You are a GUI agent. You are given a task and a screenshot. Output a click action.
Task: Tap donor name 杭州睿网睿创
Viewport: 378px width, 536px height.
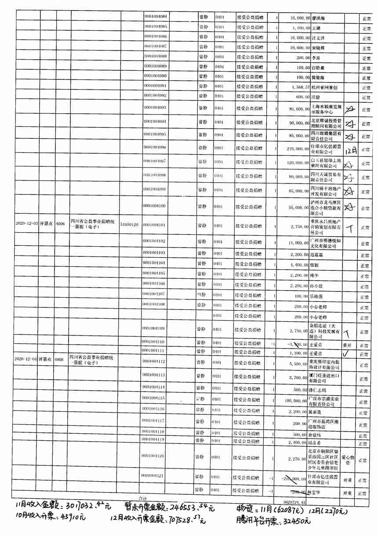click(x=324, y=87)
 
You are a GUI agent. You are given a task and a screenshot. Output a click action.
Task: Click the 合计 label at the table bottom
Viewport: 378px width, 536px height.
click(x=142, y=498)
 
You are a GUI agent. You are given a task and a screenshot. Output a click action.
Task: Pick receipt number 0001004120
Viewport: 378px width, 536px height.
click(x=154, y=457)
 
